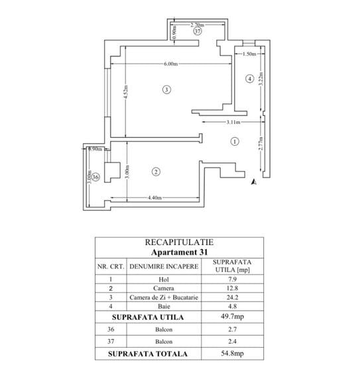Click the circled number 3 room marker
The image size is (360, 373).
coord(166,89)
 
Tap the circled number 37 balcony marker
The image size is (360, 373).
coord(198,31)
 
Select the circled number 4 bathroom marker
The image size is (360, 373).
coord(249,79)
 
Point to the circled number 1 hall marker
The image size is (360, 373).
coord(235,142)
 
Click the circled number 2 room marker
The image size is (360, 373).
coord(156,172)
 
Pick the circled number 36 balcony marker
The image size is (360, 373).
coord(95,177)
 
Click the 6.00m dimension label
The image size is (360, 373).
coord(170,64)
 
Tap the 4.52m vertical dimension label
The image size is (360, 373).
coord(126,91)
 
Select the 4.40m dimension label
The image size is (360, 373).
coord(154,197)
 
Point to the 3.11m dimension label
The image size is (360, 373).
coord(233,122)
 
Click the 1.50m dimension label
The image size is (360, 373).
coord(249,54)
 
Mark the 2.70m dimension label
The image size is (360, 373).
coord(198,25)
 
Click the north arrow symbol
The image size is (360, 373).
coord(254,182)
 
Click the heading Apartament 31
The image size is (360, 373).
coord(179,252)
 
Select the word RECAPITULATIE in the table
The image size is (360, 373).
coord(179,242)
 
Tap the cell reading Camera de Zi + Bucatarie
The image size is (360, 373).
coord(164,297)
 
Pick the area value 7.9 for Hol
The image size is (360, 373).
coord(232,280)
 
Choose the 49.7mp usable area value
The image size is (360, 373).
coord(232,317)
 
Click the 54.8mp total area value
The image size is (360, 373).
coord(232,353)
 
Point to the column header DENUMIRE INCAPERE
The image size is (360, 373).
coord(164,266)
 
